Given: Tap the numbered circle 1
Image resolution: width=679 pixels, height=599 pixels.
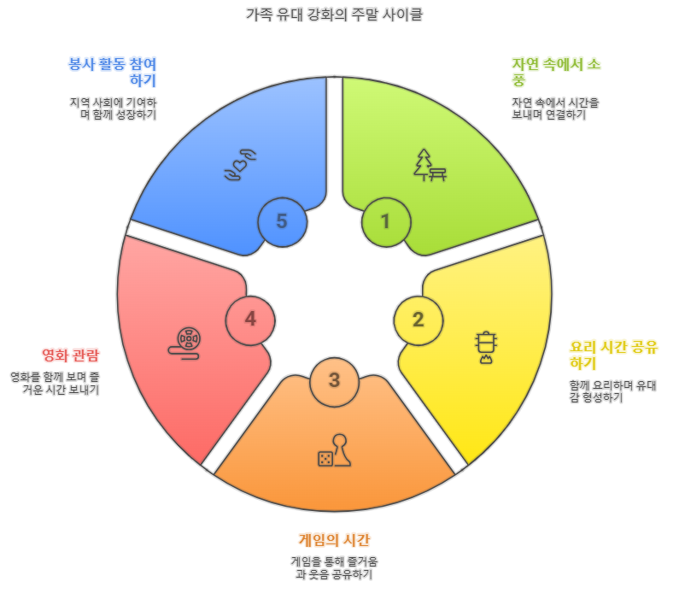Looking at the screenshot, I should click(386, 221).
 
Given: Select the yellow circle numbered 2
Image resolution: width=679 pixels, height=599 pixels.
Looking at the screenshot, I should click(419, 320).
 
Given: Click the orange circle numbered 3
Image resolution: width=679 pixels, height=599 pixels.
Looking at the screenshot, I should click(334, 380).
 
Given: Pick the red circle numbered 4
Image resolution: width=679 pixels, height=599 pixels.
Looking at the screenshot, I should click(250, 320).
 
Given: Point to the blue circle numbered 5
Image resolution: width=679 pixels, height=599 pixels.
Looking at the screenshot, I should click(282, 221).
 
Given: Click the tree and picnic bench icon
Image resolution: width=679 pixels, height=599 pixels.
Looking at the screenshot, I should click(430, 164).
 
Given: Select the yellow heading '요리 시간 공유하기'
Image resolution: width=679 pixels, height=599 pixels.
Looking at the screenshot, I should click(613, 354).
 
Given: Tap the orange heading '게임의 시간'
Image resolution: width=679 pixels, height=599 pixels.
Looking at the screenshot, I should click(334, 539).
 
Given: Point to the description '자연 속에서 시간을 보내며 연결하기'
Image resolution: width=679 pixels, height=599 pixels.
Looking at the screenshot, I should click(555, 109).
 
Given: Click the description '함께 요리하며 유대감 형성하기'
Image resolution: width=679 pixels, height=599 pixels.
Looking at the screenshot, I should click(612, 391).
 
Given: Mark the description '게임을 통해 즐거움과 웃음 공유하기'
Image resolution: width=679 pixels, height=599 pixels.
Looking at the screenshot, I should click(334, 567).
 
